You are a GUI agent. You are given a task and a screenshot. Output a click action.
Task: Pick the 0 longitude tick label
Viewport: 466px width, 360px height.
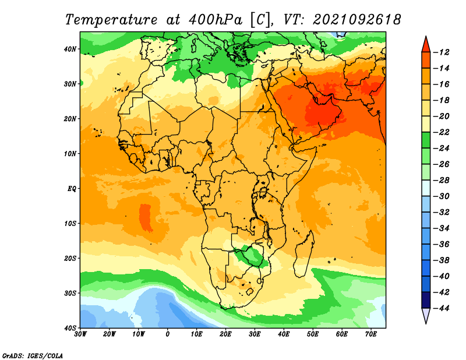(168, 334)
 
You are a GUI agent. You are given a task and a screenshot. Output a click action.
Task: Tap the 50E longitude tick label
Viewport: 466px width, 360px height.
(313, 334)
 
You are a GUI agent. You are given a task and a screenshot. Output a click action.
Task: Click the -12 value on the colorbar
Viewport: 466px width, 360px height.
(444, 52)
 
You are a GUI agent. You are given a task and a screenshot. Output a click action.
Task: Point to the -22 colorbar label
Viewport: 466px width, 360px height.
(444, 132)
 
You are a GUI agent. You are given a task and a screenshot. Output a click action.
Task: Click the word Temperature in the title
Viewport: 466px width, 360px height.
(111, 19)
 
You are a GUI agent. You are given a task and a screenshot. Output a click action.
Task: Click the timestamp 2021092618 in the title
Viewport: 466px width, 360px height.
(356, 19)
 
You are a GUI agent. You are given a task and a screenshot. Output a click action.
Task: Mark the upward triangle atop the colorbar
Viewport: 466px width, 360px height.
(426, 44)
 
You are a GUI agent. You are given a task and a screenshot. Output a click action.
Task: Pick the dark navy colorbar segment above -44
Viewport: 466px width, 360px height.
(426, 299)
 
